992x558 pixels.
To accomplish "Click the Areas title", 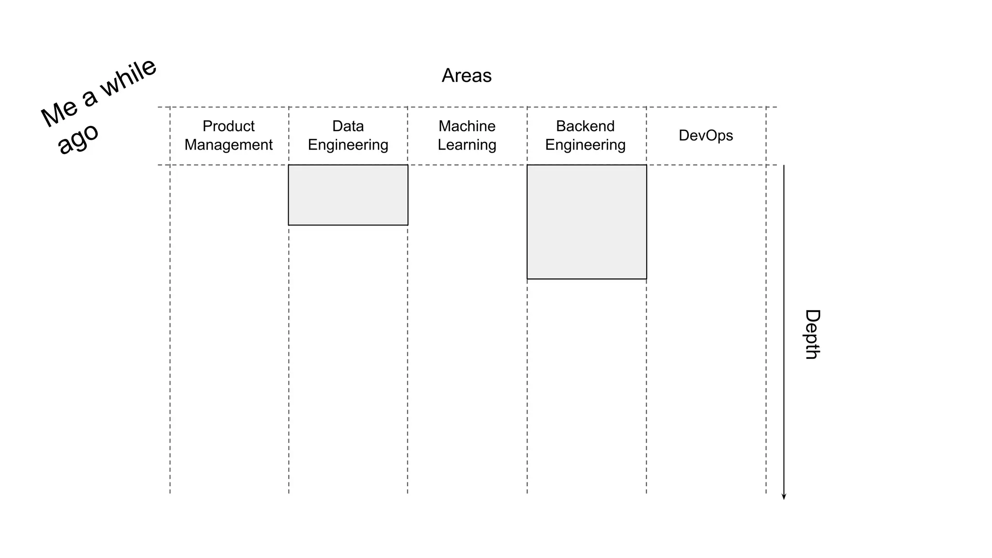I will [466, 76].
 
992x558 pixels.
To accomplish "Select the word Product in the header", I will [228, 126].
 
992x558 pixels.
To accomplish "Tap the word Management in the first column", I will [228, 145].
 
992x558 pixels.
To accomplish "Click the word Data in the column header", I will [348, 126].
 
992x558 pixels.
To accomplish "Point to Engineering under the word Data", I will [348, 145].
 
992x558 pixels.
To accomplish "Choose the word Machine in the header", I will [467, 126].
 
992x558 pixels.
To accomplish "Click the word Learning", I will [467, 145].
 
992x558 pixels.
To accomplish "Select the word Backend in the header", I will [585, 126].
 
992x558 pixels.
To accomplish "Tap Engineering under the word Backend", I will [585, 145].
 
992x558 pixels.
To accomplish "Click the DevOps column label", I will [706, 135].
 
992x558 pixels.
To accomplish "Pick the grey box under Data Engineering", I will [348, 195].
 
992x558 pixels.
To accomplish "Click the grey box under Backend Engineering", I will [587, 222].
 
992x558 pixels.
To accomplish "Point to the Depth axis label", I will [812, 334].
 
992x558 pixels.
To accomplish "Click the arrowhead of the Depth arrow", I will [784, 496].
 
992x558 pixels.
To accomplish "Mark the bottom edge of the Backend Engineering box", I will [587, 279].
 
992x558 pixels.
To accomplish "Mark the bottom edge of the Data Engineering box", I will [348, 225].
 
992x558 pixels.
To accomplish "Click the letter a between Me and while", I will [90, 98].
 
